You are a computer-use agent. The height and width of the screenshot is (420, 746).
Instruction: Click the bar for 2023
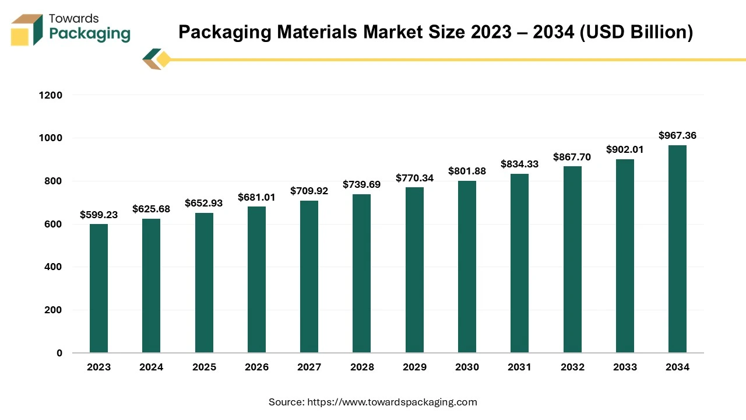point(98,288)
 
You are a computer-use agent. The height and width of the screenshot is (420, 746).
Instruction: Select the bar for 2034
point(677,249)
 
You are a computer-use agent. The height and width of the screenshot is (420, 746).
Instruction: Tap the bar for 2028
point(361,274)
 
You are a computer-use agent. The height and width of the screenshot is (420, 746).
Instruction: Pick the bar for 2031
point(519,263)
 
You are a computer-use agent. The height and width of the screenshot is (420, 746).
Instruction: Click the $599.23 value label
point(98,215)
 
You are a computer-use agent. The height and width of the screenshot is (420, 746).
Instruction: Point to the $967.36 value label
point(677,135)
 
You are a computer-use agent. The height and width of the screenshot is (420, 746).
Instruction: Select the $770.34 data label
point(414,178)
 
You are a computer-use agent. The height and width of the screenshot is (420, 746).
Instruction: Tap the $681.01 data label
point(256,197)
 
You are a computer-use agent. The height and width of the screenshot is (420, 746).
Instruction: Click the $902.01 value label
point(625,149)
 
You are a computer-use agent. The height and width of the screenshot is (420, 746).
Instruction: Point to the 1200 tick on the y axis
point(51,95)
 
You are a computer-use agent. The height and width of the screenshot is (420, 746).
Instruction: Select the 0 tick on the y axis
point(59,353)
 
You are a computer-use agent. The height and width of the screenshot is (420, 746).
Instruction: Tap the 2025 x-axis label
point(204,367)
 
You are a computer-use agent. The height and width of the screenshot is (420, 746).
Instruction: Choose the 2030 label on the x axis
point(467,367)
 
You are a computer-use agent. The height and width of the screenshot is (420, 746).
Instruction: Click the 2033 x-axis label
point(625,367)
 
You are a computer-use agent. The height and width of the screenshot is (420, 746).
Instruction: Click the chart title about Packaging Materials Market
point(435,32)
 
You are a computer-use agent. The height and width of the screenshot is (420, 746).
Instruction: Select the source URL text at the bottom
point(373,402)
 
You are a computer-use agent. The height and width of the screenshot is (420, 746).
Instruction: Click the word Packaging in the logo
point(90,33)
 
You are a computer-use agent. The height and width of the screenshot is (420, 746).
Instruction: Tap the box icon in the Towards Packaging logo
point(27,30)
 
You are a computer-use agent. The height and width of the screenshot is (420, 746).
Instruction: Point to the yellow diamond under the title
point(164,60)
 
